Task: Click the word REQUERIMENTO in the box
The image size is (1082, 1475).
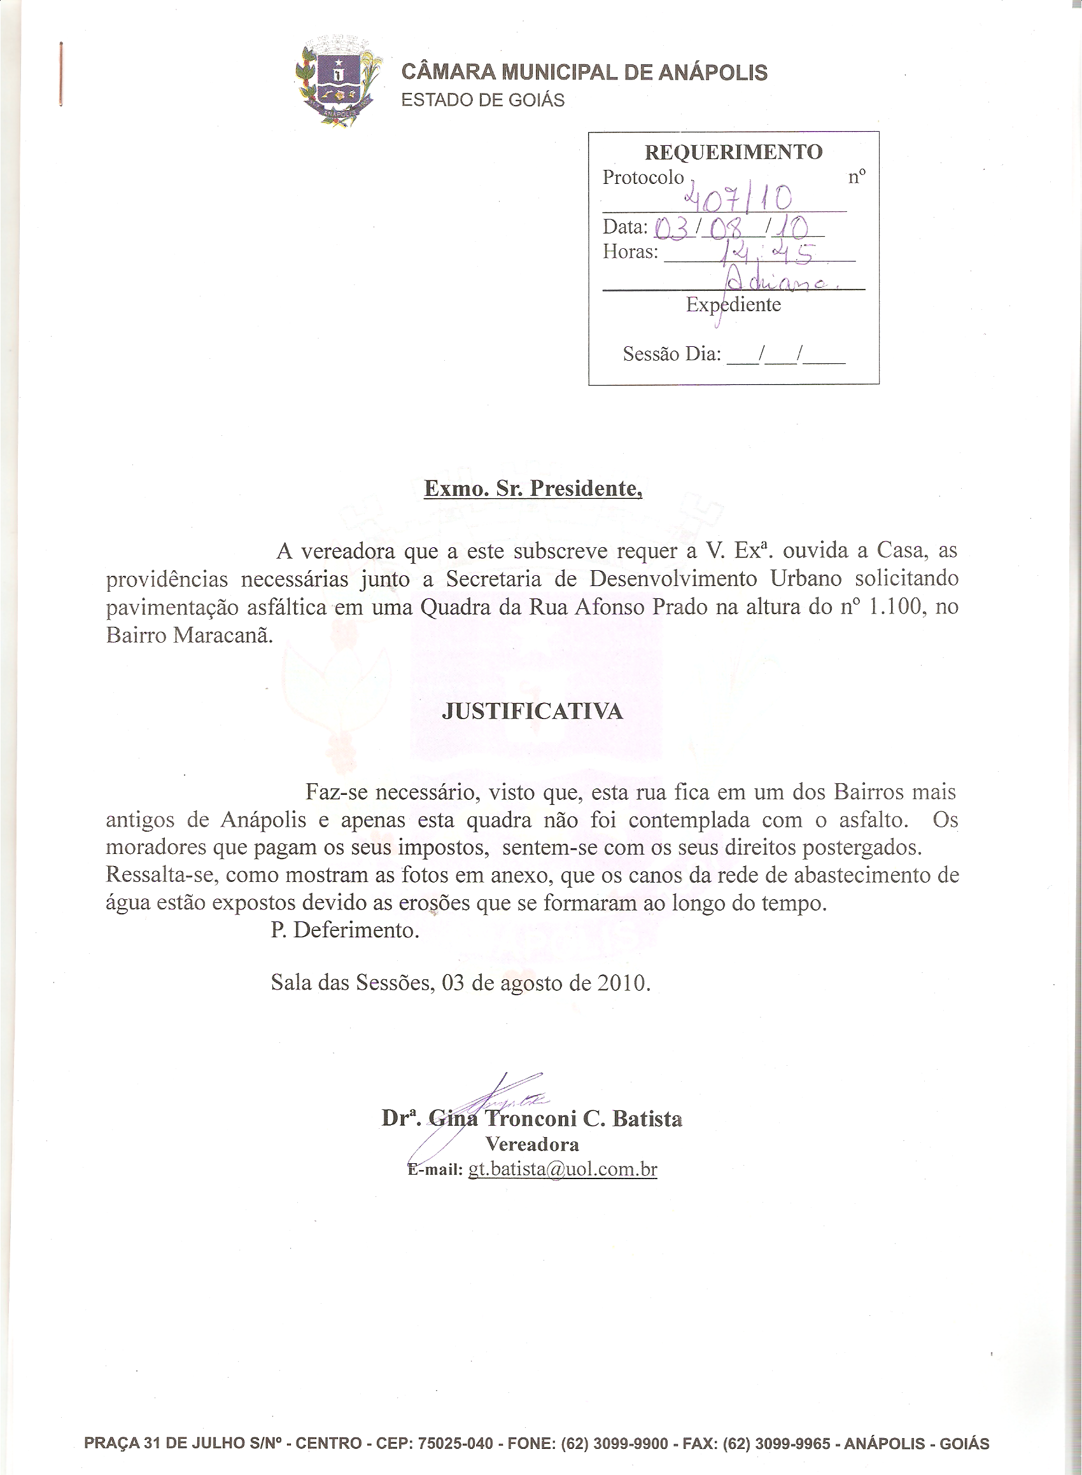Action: click(x=733, y=152)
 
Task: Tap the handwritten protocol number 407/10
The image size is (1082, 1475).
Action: click(x=737, y=196)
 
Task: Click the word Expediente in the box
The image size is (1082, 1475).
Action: click(x=733, y=304)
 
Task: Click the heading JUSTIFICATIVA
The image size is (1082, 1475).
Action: click(x=532, y=711)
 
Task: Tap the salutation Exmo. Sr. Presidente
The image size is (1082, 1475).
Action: click(x=533, y=489)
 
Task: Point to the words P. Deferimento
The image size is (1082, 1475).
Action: click(x=344, y=930)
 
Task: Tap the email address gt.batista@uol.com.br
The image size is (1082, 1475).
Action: click(x=562, y=1170)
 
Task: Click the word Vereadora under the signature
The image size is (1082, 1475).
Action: click(x=532, y=1144)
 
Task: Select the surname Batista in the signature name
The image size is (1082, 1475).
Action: click(x=647, y=1118)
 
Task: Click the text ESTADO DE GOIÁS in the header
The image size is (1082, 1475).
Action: click(x=482, y=100)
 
